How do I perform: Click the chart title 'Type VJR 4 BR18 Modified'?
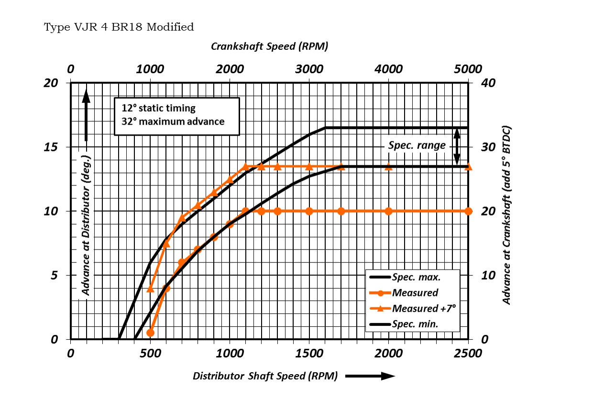coord(119,27)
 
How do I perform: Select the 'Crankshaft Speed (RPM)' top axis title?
coord(269,46)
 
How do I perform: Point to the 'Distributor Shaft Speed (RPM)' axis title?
coord(265,376)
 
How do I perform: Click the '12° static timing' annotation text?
coord(158,108)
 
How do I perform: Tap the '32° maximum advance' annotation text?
coord(173,121)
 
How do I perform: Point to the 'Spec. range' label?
coord(417,145)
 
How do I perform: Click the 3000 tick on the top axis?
coord(309,69)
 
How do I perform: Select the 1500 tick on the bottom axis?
coord(309,353)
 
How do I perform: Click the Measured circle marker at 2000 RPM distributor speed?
coord(388,211)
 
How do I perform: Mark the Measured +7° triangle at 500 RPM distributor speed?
coord(150,289)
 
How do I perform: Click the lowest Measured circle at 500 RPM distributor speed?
coord(150,333)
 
